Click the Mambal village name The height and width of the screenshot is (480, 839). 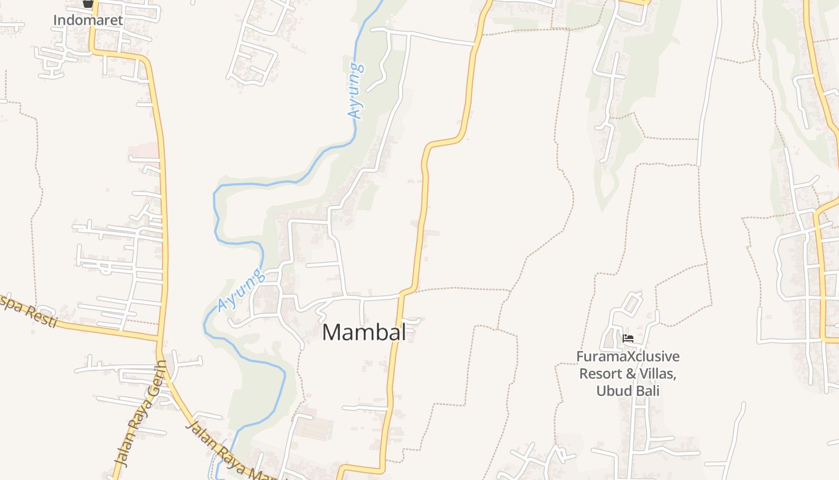point(364,332)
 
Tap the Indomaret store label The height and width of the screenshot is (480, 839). point(87,20)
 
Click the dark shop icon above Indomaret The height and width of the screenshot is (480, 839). point(88,3)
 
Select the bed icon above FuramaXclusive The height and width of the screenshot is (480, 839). point(628,338)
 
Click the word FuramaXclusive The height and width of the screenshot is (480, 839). point(628,357)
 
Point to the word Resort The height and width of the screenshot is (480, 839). point(600,374)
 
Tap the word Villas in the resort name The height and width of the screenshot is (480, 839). point(657,374)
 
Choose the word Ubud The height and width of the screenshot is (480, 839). point(612,391)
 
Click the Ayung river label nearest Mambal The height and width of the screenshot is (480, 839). point(240,290)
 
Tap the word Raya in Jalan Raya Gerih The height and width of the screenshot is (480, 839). point(139,420)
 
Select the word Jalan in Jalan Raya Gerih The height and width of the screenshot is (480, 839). point(123,453)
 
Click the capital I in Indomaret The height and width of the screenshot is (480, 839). point(55,20)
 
